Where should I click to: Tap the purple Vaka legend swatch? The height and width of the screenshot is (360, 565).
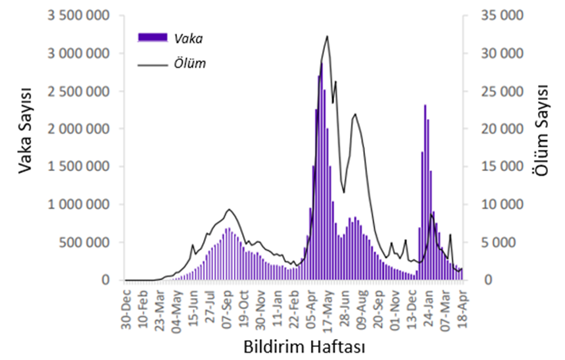[153, 38]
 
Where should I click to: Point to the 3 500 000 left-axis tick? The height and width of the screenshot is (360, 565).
[78, 15]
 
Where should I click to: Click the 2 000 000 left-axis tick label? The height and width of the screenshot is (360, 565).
[78, 129]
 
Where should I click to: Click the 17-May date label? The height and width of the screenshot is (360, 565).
[328, 306]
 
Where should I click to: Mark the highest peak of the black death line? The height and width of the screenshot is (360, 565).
[327, 36]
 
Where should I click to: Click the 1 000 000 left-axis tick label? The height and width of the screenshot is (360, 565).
[78, 205]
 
